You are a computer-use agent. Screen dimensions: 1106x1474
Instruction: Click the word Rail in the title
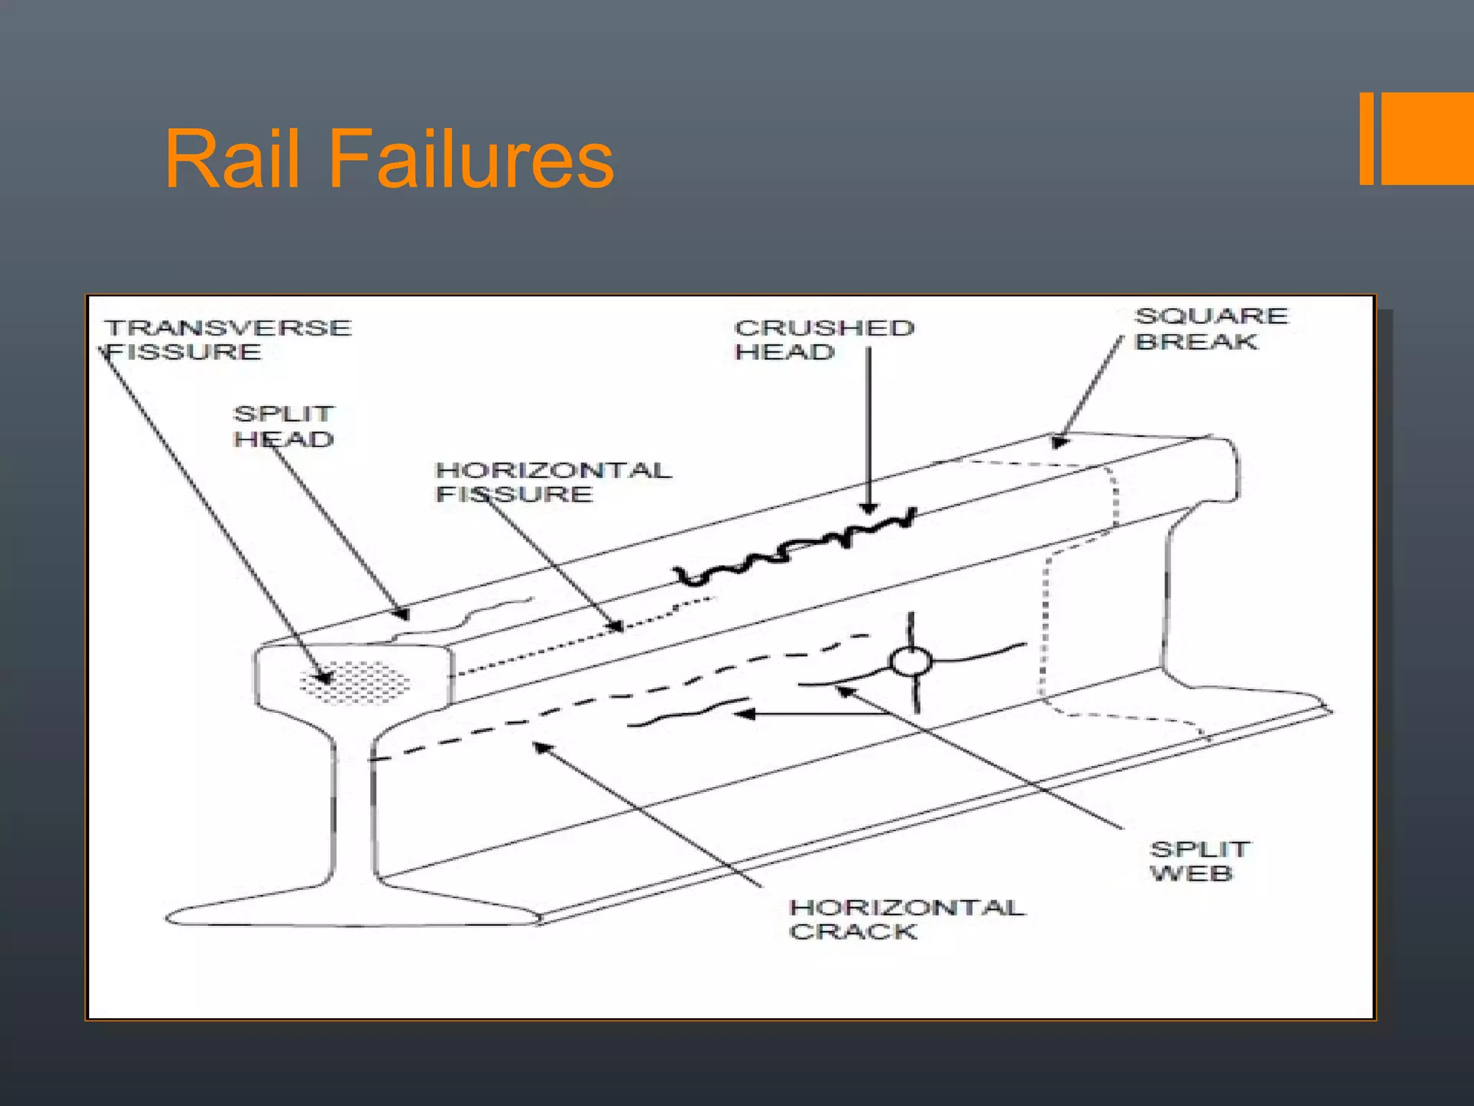click(232, 159)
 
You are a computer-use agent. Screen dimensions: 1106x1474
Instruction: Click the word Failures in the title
click(471, 159)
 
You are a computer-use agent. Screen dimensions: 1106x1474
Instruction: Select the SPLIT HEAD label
click(283, 426)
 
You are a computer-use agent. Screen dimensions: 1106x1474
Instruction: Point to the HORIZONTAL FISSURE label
click(552, 482)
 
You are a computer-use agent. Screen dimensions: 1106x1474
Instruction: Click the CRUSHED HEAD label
click(823, 339)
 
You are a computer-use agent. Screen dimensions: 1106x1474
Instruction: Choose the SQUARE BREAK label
click(1211, 328)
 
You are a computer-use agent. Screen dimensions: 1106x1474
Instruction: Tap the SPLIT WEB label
click(1198, 860)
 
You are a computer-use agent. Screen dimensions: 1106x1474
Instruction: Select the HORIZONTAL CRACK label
click(905, 919)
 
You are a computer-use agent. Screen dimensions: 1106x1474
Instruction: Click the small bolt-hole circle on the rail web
click(911, 661)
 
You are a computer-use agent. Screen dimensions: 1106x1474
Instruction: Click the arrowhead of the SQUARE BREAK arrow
click(1058, 441)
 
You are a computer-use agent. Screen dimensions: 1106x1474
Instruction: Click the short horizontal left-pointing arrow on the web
click(799, 714)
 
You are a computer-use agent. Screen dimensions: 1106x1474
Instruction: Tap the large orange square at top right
click(1428, 138)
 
